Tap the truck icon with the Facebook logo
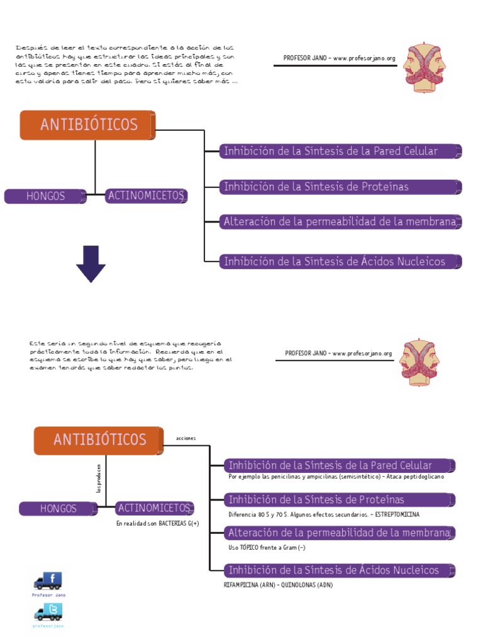click(48, 580)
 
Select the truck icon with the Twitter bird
click(48, 612)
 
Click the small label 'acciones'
click(186, 438)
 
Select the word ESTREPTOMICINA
click(397, 514)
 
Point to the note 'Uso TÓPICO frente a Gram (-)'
click(267, 548)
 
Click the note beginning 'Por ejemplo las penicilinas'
click(336, 477)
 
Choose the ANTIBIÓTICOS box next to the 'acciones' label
click(99, 440)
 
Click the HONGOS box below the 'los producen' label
click(58, 508)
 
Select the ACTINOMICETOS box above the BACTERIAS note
click(155, 508)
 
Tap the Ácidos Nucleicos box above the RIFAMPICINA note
click(339, 570)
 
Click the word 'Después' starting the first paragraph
click(27, 48)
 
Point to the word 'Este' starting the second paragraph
click(37, 343)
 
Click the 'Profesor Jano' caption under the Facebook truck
click(48, 594)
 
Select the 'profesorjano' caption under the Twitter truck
click(48, 626)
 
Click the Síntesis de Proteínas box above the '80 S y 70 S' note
click(339, 500)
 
